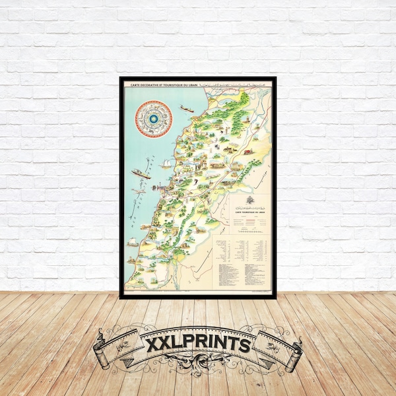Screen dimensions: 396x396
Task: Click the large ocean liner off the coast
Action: click(x=141, y=174)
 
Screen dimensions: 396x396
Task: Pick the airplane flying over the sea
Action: click(x=140, y=191)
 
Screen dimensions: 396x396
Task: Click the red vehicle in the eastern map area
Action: click(x=247, y=152)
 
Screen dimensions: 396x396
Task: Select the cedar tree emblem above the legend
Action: click(x=250, y=200)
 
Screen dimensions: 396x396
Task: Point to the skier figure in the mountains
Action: click(x=225, y=139)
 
